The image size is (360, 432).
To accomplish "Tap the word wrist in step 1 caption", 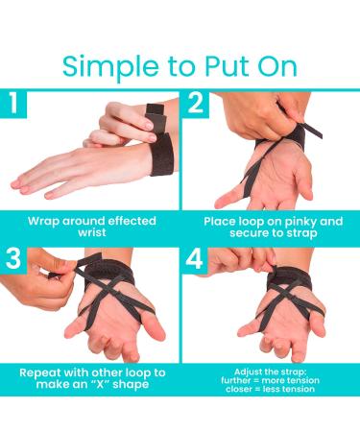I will [91, 234].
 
